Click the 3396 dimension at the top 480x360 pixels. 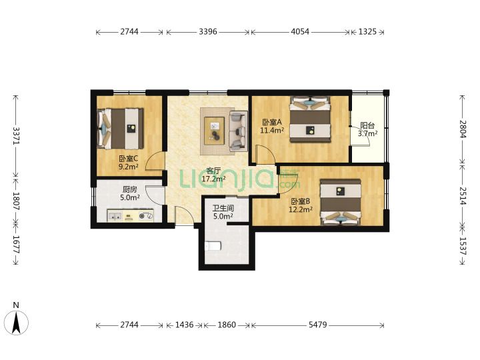click(208, 31)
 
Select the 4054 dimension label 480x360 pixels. click(300, 31)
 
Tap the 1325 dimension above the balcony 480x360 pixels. click(367, 31)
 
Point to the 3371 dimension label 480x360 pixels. click(16, 135)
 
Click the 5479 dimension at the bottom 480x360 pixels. click(318, 325)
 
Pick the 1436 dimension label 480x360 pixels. click(184, 325)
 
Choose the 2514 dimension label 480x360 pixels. click(463, 196)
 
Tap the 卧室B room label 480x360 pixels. click(300, 201)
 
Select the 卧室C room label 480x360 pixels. click(129, 159)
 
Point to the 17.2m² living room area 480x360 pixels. click(214, 179)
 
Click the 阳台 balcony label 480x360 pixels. click(367, 125)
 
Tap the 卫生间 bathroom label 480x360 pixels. click(223, 209)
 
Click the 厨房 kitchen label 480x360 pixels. click(130, 189)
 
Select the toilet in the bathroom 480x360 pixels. click(212, 245)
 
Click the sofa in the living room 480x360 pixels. click(238, 131)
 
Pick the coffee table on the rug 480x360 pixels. click(214, 129)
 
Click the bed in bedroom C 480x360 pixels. click(120, 129)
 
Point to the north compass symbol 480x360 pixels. click(17, 322)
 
